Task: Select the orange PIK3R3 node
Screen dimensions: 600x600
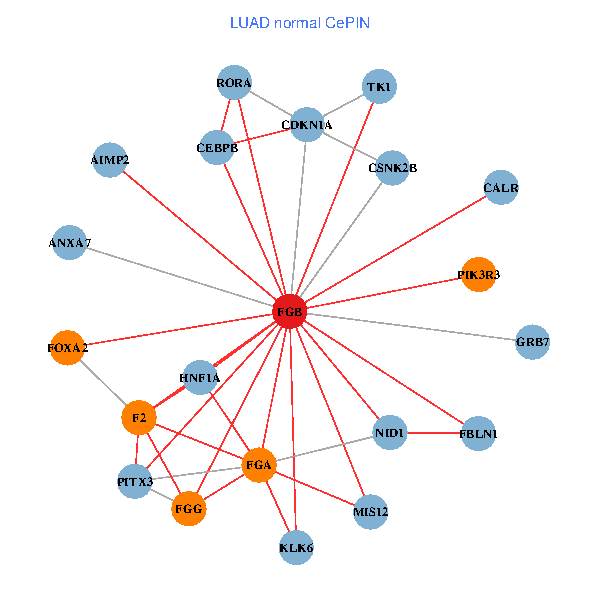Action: coord(479,274)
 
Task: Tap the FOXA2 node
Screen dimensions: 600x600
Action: coord(67,347)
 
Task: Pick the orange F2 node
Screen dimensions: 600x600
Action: coord(139,417)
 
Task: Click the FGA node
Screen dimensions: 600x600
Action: coord(259,465)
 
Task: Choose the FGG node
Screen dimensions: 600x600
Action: coord(189,509)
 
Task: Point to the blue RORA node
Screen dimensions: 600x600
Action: coord(234,83)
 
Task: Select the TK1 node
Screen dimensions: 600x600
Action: coord(379,87)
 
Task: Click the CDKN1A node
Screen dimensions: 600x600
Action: coord(307,125)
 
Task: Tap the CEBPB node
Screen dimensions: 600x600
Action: coord(217,148)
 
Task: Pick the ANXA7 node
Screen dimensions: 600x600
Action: coord(69,243)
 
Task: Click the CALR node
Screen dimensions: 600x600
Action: coord(501,187)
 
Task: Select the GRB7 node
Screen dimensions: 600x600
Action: coord(532,343)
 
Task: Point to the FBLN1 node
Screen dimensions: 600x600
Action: coord(478,434)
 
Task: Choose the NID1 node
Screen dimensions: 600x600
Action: coord(389,433)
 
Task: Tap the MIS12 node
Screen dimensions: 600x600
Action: coord(370,513)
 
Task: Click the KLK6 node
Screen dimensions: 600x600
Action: coord(296,547)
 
